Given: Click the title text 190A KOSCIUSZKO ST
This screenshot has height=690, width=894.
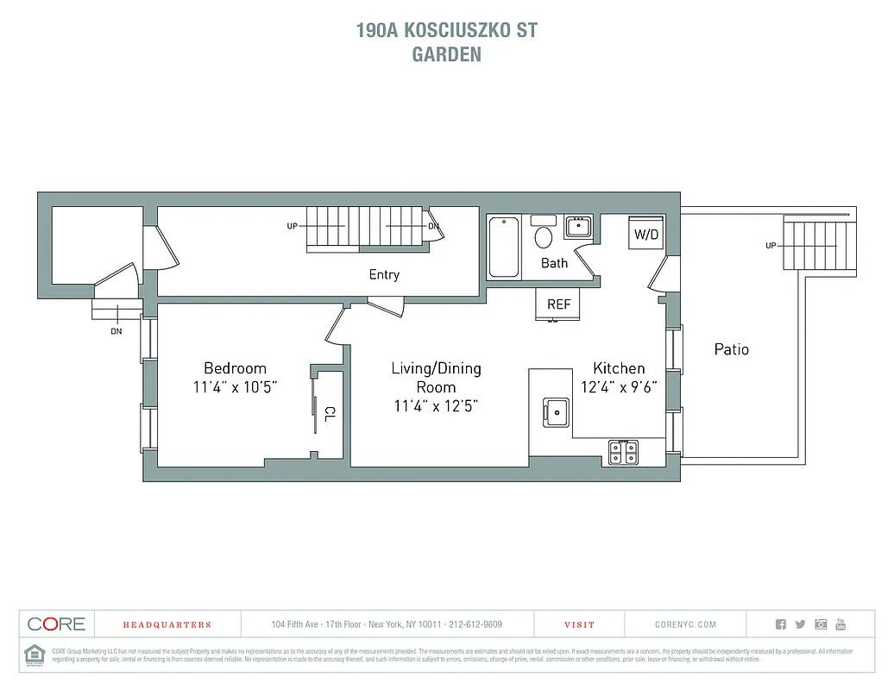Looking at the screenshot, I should pyautogui.click(x=446, y=30).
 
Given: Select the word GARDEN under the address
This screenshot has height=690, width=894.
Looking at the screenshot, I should pyautogui.click(x=446, y=53).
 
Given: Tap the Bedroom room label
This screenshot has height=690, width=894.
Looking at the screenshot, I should pyautogui.click(x=235, y=367).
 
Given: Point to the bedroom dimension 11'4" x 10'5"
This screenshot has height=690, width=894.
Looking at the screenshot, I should pyautogui.click(x=235, y=387).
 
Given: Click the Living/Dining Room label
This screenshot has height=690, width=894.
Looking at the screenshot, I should pyautogui.click(x=436, y=378).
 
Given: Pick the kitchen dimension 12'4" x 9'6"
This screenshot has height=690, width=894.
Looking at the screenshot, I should pyautogui.click(x=619, y=387).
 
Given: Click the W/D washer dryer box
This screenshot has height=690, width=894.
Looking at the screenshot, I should pyautogui.click(x=645, y=234).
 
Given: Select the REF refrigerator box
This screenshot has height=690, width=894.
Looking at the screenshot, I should pyautogui.click(x=558, y=304).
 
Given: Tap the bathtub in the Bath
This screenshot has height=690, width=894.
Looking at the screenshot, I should pyautogui.click(x=504, y=247).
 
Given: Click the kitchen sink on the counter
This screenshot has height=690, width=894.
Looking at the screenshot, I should pyautogui.click(x=556, y=411).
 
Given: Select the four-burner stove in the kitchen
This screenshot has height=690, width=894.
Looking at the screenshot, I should pyautogui.click(x=624, y=451).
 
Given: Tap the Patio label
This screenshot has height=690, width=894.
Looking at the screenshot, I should pyautogui.click(x=731, y=349).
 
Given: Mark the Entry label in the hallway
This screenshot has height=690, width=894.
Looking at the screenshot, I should pyautogui.click(x=384, y=274).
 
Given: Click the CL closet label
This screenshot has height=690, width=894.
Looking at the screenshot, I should pyautogui.click(x=330, y=411).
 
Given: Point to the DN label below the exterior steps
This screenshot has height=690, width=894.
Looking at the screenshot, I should pyautogui.click(x=116, y=331).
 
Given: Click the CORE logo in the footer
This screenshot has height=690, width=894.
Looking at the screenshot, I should pyautogui.click(x=56, y=624).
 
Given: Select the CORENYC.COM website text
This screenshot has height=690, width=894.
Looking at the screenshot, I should pyautogui.click(x=685, y=624).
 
